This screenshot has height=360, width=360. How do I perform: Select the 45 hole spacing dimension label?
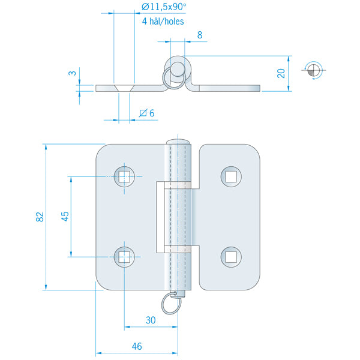click(x=65, y=217)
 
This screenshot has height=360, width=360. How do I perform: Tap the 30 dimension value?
click(x=151, y=320)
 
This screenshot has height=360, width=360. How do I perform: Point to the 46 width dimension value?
click(x=137, y=346)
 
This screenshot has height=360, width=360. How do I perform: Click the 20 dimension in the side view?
click(x=281, y=73)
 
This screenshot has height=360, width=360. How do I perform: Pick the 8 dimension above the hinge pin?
click(x=199, y=35)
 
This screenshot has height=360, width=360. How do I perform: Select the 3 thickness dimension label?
click(x=72, y=74)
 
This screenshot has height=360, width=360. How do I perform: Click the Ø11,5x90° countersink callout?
click(x=163, y=7)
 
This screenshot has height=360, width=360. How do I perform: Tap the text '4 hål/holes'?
click(x=163, y=21)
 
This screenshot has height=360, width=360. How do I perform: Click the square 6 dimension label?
click(x=147, y=113)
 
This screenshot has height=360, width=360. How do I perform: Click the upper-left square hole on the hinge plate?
click(x=124, y=176)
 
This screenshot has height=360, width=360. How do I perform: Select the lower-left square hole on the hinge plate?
click(x=124, y=257)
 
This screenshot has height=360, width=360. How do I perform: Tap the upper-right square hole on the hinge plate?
click(x=230, y=176)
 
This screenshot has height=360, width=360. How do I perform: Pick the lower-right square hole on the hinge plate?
click(x=230, y=257)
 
